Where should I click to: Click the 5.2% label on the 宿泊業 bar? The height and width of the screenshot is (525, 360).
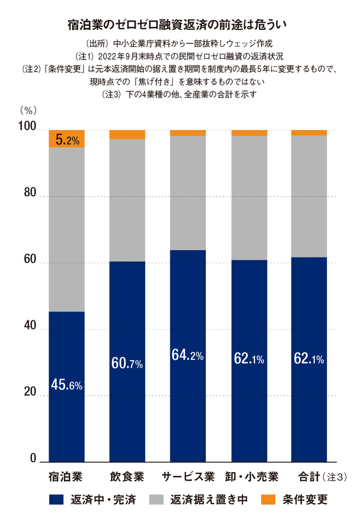tap(67, 140)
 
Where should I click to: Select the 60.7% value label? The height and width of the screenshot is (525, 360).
tap(127, 363)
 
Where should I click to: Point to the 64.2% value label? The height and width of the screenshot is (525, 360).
tap(188, 355)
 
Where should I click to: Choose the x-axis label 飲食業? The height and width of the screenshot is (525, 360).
tap(127, 478)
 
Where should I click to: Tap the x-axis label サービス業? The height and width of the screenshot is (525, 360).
tap(188, 478)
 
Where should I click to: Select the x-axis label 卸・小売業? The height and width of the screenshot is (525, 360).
tap(249, 478)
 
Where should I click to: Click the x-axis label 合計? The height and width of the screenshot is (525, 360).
tap(309, 478)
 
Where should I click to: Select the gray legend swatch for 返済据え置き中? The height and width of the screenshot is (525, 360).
tap(155, 499)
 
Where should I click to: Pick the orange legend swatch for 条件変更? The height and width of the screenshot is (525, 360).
tap(268, 499)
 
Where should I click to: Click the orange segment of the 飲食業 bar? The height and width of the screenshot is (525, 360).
tap(127, 134)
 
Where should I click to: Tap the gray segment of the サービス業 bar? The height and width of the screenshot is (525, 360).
tap(188, 192)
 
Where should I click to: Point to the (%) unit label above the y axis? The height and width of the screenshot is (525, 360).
tap(28, 110)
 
